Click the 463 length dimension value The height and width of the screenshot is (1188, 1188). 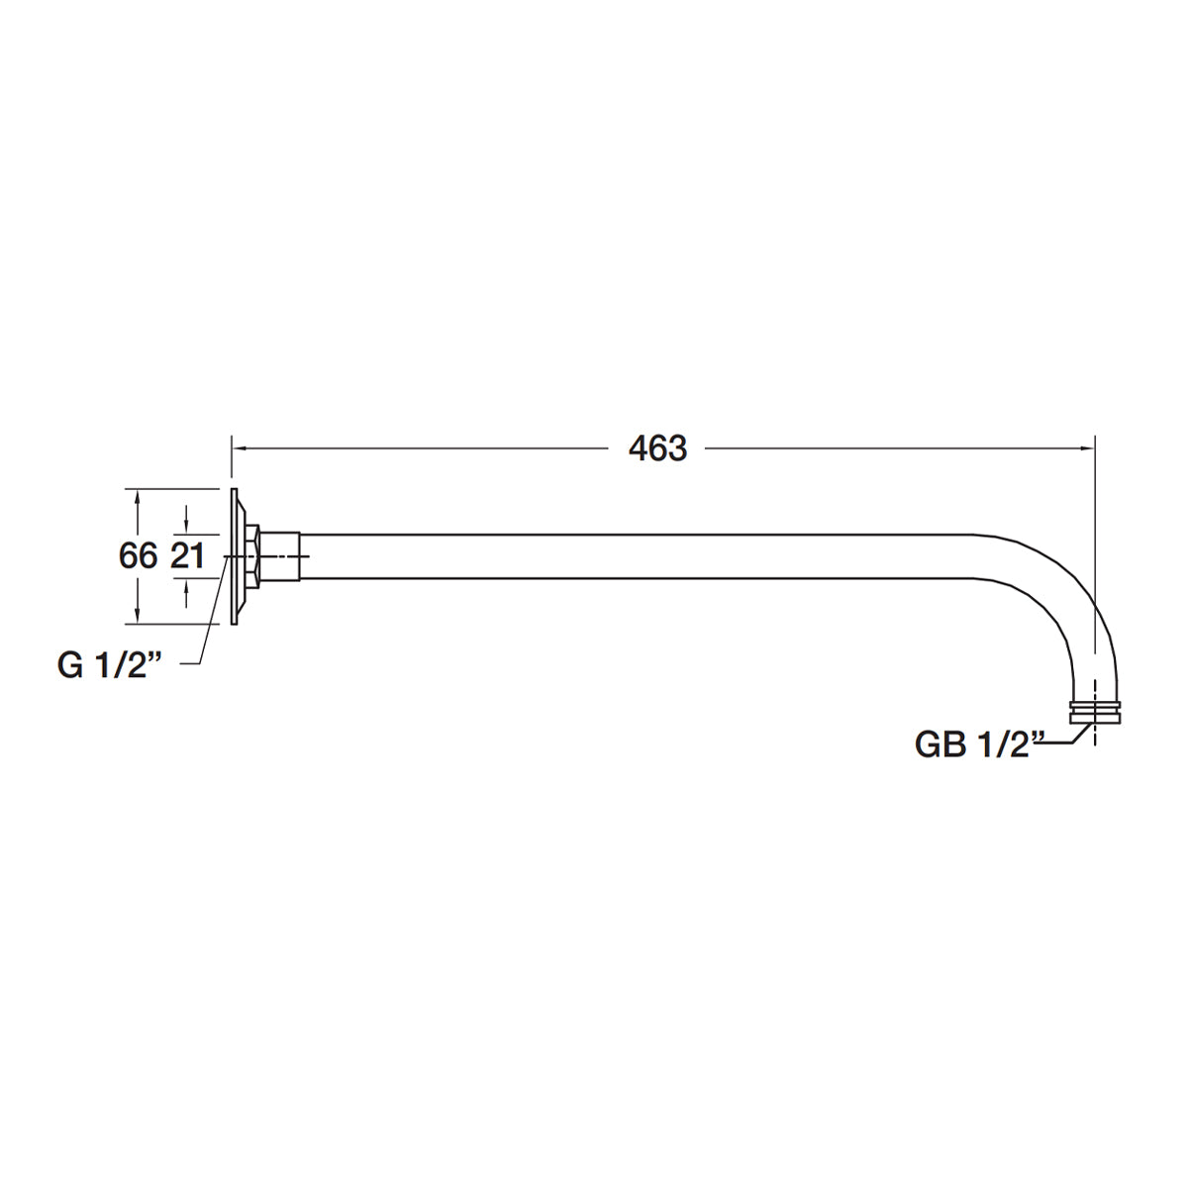657,448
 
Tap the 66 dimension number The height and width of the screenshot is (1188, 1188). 138,556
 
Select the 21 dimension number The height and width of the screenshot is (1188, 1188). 187,556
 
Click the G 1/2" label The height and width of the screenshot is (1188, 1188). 109,666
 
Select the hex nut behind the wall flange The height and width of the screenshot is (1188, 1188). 254,556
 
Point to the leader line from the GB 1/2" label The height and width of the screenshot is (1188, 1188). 1064,741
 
